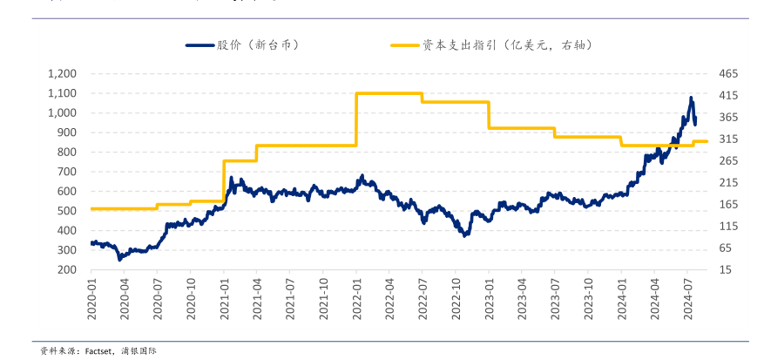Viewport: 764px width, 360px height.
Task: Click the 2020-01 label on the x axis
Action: [91, 298]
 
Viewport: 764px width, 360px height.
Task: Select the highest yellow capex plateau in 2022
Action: [389, 93]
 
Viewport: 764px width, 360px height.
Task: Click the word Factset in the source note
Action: [102, 350]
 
